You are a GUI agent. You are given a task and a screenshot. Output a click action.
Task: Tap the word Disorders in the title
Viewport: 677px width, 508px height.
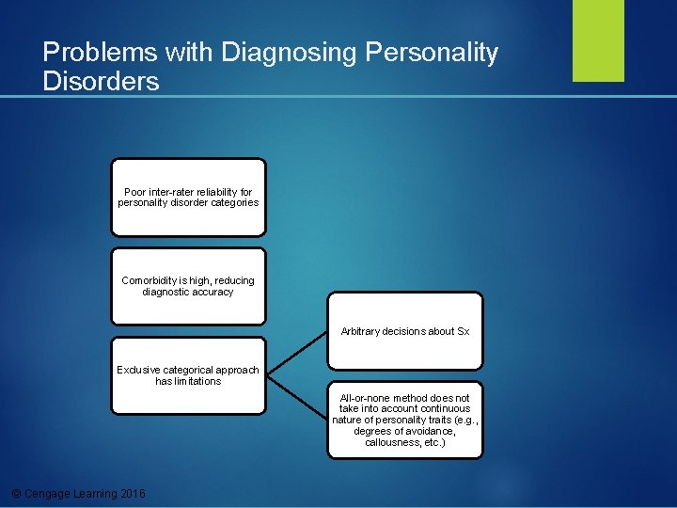pyautogui.click(x=101, y=81)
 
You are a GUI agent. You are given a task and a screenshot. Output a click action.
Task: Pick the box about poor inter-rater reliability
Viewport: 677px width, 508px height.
pyautogui.click(x=188, y=197)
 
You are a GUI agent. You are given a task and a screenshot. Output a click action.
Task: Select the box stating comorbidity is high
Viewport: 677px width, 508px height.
pyautogui.click(x=188, y=286)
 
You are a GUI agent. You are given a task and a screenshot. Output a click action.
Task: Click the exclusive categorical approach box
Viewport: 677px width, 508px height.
pyautogui.click(x=188, y=375)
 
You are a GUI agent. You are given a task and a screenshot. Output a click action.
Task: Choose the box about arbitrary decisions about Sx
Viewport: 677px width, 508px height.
pyautogui.click(x=405, y=330)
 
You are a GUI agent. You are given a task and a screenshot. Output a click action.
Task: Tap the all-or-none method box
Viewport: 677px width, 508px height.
pyautogui.click(x=405, y=420)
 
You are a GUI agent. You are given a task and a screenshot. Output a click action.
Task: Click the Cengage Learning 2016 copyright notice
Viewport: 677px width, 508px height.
pyautogui.click(x=76, y=494)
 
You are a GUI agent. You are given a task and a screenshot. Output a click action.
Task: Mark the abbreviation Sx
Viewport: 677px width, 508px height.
pyautogui.click(x=463, y=331)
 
